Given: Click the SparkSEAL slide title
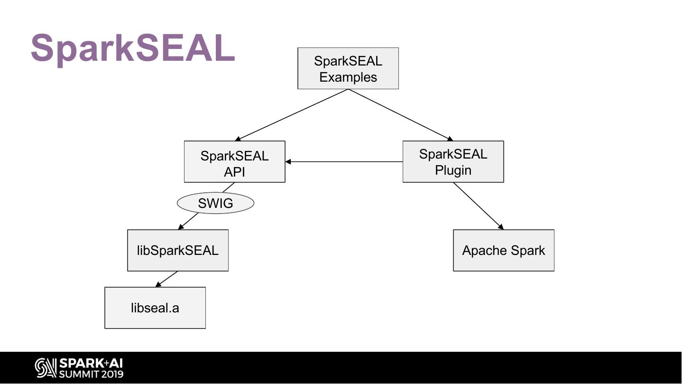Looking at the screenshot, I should pyautogui.click(x=133, y=48).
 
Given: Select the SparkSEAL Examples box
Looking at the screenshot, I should pyautogui.click(x=348, y=68).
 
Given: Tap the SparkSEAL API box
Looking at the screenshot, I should pyautogui.click(x=234, y=162).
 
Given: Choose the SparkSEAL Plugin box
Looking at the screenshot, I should pyautogui.click(x=453, y=162).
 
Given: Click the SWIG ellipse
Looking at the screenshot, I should pyautogui.click(x=215, y=203).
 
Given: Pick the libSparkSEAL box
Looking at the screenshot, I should pyautogui.click(x=177, y=251).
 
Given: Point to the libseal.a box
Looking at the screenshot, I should pyautogui.click(x=155, y=308).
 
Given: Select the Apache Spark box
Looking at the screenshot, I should pyautogui.click(x=503, y=251).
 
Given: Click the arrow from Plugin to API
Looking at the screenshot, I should pyautogui.click(x=344, y=162).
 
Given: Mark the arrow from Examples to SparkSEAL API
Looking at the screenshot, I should pyautogui.click(x=292, y=115).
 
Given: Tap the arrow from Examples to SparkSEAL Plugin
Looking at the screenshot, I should pyautogui.click(x=401, y=115).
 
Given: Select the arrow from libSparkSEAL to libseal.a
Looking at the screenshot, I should pyautogui.click(x=166, y=279).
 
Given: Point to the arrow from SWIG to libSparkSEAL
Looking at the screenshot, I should pyautogui.click(x=188, y=221).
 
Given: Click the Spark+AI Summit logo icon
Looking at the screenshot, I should pyautogui.click(x=46, y=368).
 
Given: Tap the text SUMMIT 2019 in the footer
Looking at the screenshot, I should pyautogui.click(x=91, y=374).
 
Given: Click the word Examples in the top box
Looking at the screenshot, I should pyautogui.click(x=348, y=77).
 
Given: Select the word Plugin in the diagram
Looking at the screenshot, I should pyautogui.click(x=453, y=170).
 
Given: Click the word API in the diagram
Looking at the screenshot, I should pyautogui.click(x=234, y=172).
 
